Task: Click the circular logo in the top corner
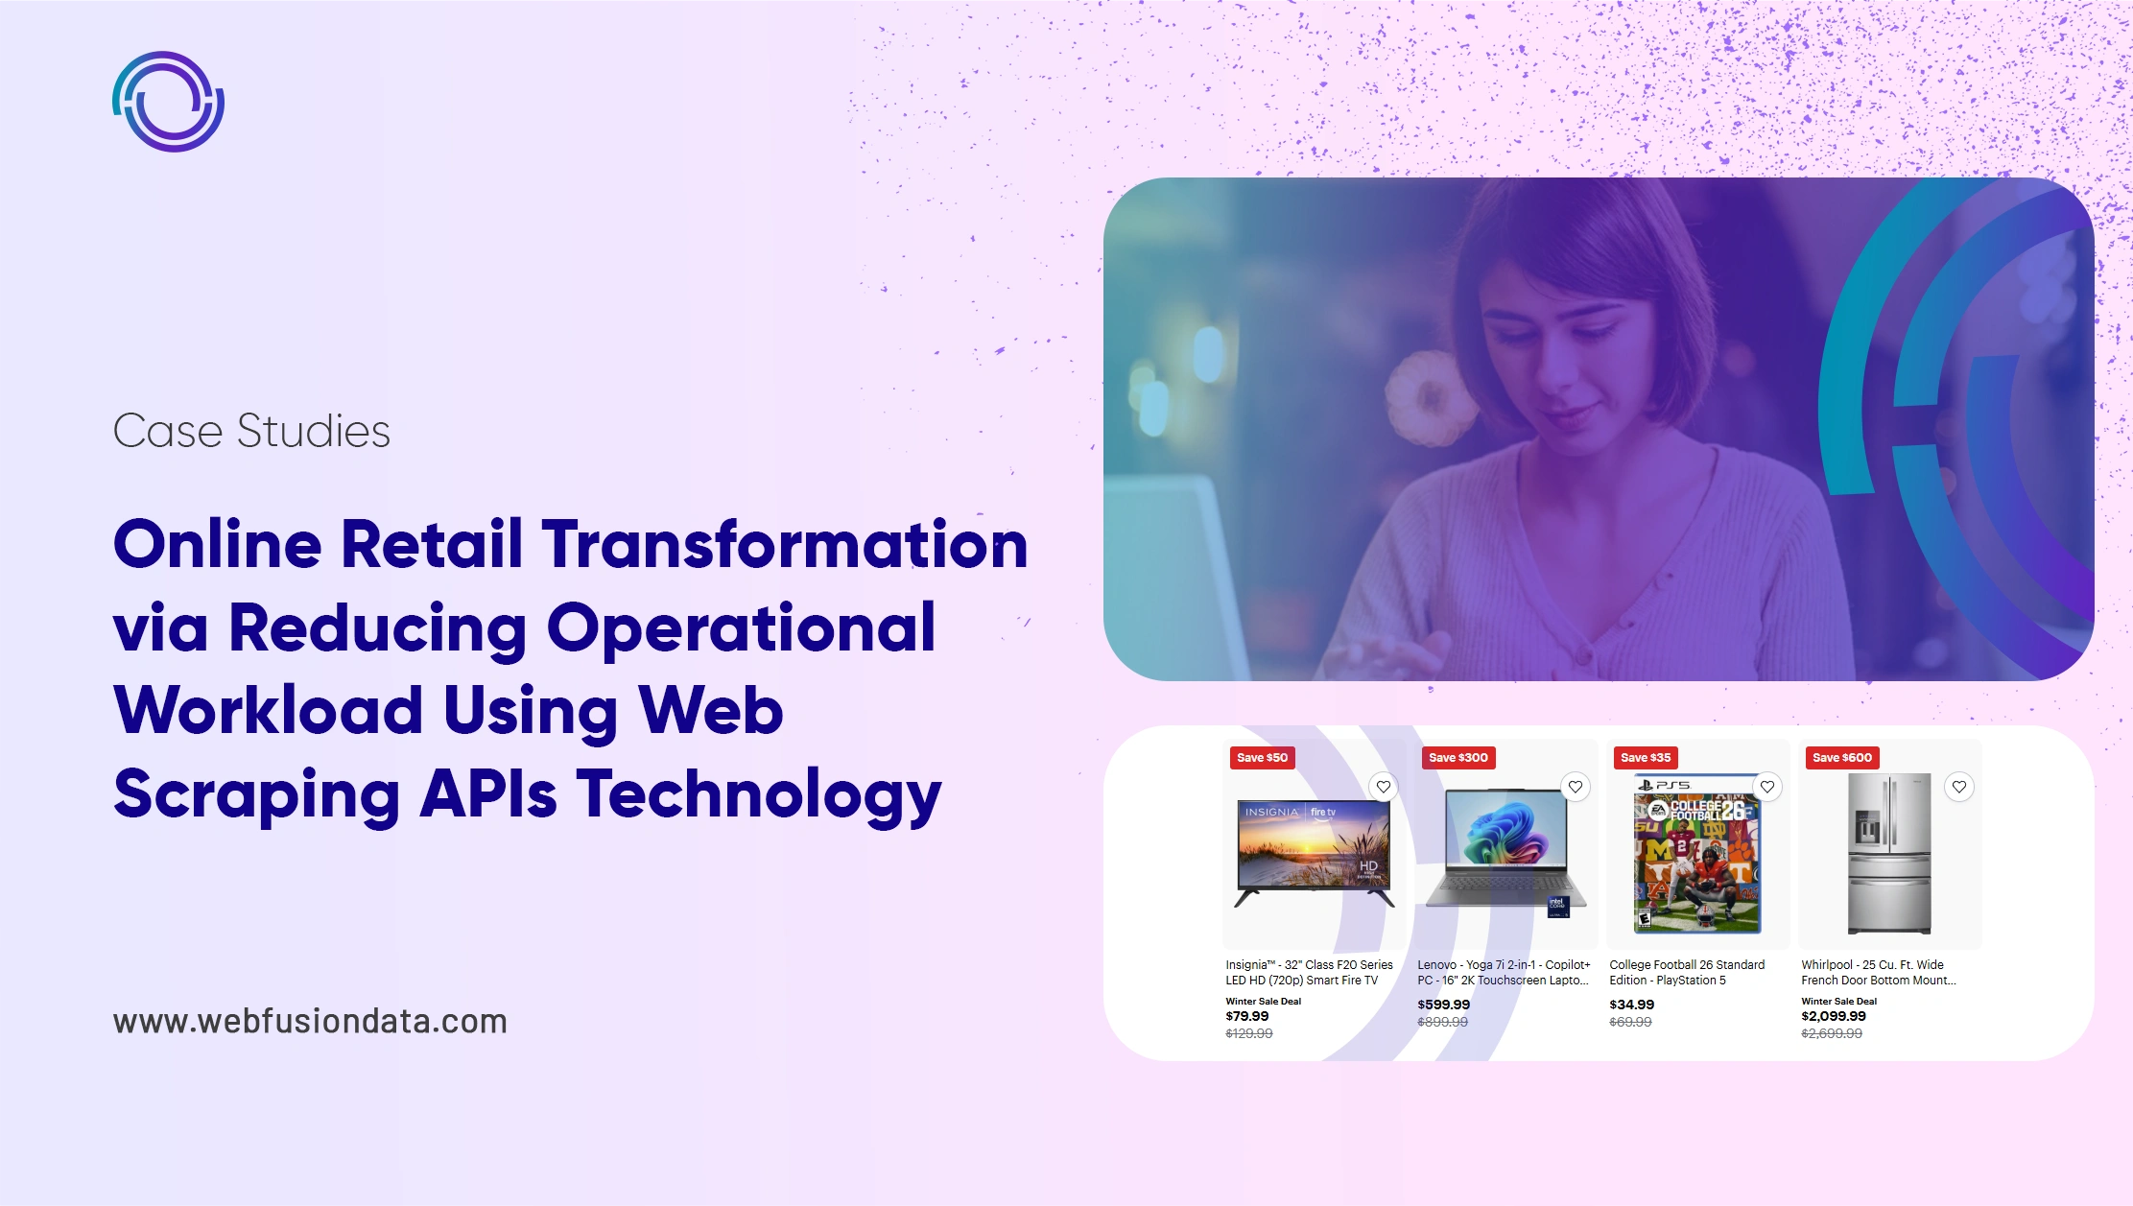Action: pos(169,102)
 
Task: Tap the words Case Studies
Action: pos(251,431)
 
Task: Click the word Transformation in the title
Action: pos(785,544)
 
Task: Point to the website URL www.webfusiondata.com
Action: pos(310,1021)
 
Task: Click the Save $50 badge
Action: pos(1262,758)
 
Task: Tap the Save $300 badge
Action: pos(1458,758)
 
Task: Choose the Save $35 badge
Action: pos(1645,758)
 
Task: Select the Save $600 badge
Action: pos(1841,758)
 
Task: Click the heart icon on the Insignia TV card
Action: pos(1383,787)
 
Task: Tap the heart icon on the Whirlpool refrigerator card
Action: pos(1958,787)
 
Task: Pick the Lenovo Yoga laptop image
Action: pos(1505,850)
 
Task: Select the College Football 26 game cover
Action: pos(1697,854)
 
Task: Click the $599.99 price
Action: pos(1443,1005)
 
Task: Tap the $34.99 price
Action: pos(1631,1005)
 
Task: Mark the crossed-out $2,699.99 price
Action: pos(1831,1033)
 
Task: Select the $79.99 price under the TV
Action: pos(1246,1016)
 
